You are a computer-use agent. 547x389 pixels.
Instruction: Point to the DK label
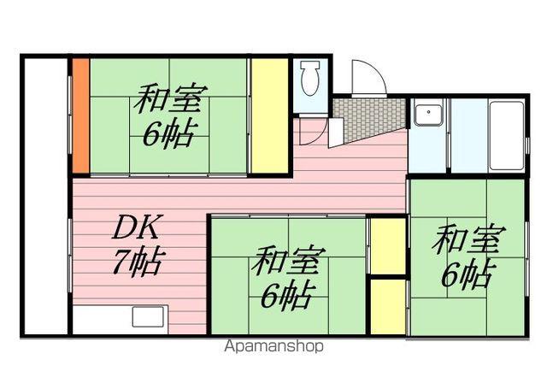coord(135,228)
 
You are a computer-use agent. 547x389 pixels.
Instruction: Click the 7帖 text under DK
coord(137,262)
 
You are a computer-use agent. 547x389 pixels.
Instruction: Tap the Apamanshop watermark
coord(273,347)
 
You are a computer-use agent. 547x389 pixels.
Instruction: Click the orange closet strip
coord(79,115)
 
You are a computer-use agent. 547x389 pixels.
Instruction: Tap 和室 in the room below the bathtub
coord(468,239)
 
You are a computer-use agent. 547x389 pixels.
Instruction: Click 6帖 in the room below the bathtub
coord(467,274)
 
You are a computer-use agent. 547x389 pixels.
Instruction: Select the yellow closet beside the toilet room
coord(268,115)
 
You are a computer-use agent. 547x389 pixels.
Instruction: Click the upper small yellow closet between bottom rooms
coord(387,246)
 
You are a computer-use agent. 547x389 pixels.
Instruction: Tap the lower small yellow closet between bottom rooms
coord(387,305)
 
